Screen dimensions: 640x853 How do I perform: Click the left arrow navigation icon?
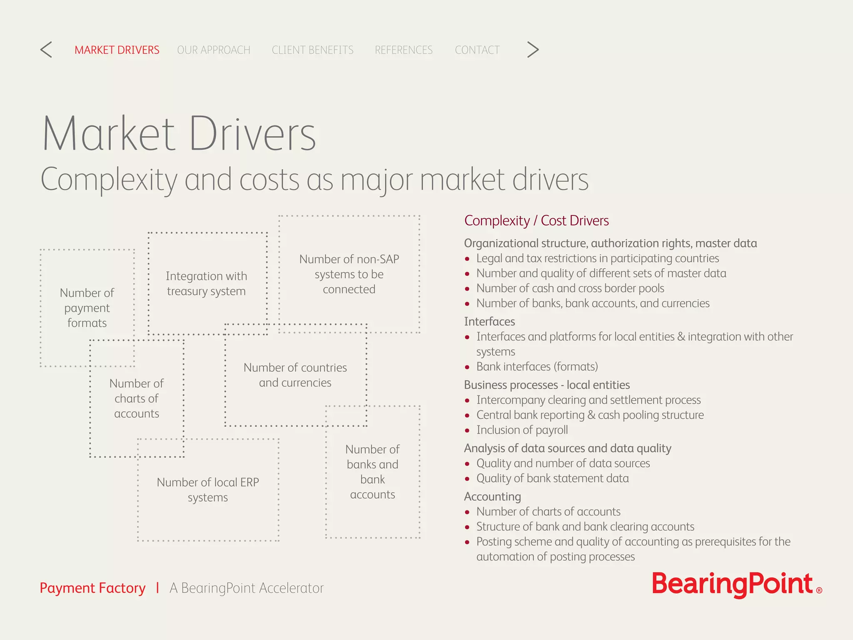[x=46, y=50]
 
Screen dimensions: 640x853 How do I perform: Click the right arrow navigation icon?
[x=533, y=50]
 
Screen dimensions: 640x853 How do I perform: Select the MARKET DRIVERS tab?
[x=117, y=50]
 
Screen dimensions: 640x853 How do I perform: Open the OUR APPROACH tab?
[x=214, y=50]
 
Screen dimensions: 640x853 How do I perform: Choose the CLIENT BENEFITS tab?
[x=312, y=50]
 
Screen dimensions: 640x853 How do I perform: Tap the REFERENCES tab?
[x=404, y=50]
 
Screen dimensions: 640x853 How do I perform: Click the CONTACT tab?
[x=477, y=50]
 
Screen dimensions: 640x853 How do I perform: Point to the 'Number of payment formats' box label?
[x=87, y=308]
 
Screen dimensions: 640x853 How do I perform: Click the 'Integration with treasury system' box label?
[x=207, y=283]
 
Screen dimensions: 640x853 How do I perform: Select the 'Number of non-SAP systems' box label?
[x=349, y=274]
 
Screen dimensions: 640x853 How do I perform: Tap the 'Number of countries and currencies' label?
[x=295, y=375]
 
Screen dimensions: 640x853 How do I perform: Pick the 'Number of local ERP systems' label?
[x=208, y=490]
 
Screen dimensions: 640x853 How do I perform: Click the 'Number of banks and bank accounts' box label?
[x=372, y=472]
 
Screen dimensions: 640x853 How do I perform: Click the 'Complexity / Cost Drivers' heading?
[x=536, y=220]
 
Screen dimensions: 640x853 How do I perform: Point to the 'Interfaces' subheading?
[x=489, y=322]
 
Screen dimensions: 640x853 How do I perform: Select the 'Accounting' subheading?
[x=492, y=497]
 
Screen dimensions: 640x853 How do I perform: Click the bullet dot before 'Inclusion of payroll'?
[x=467, y=430]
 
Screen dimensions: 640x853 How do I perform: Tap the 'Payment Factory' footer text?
[x=92, y=588]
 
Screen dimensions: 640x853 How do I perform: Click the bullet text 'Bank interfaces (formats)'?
[x=537, y=367]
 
